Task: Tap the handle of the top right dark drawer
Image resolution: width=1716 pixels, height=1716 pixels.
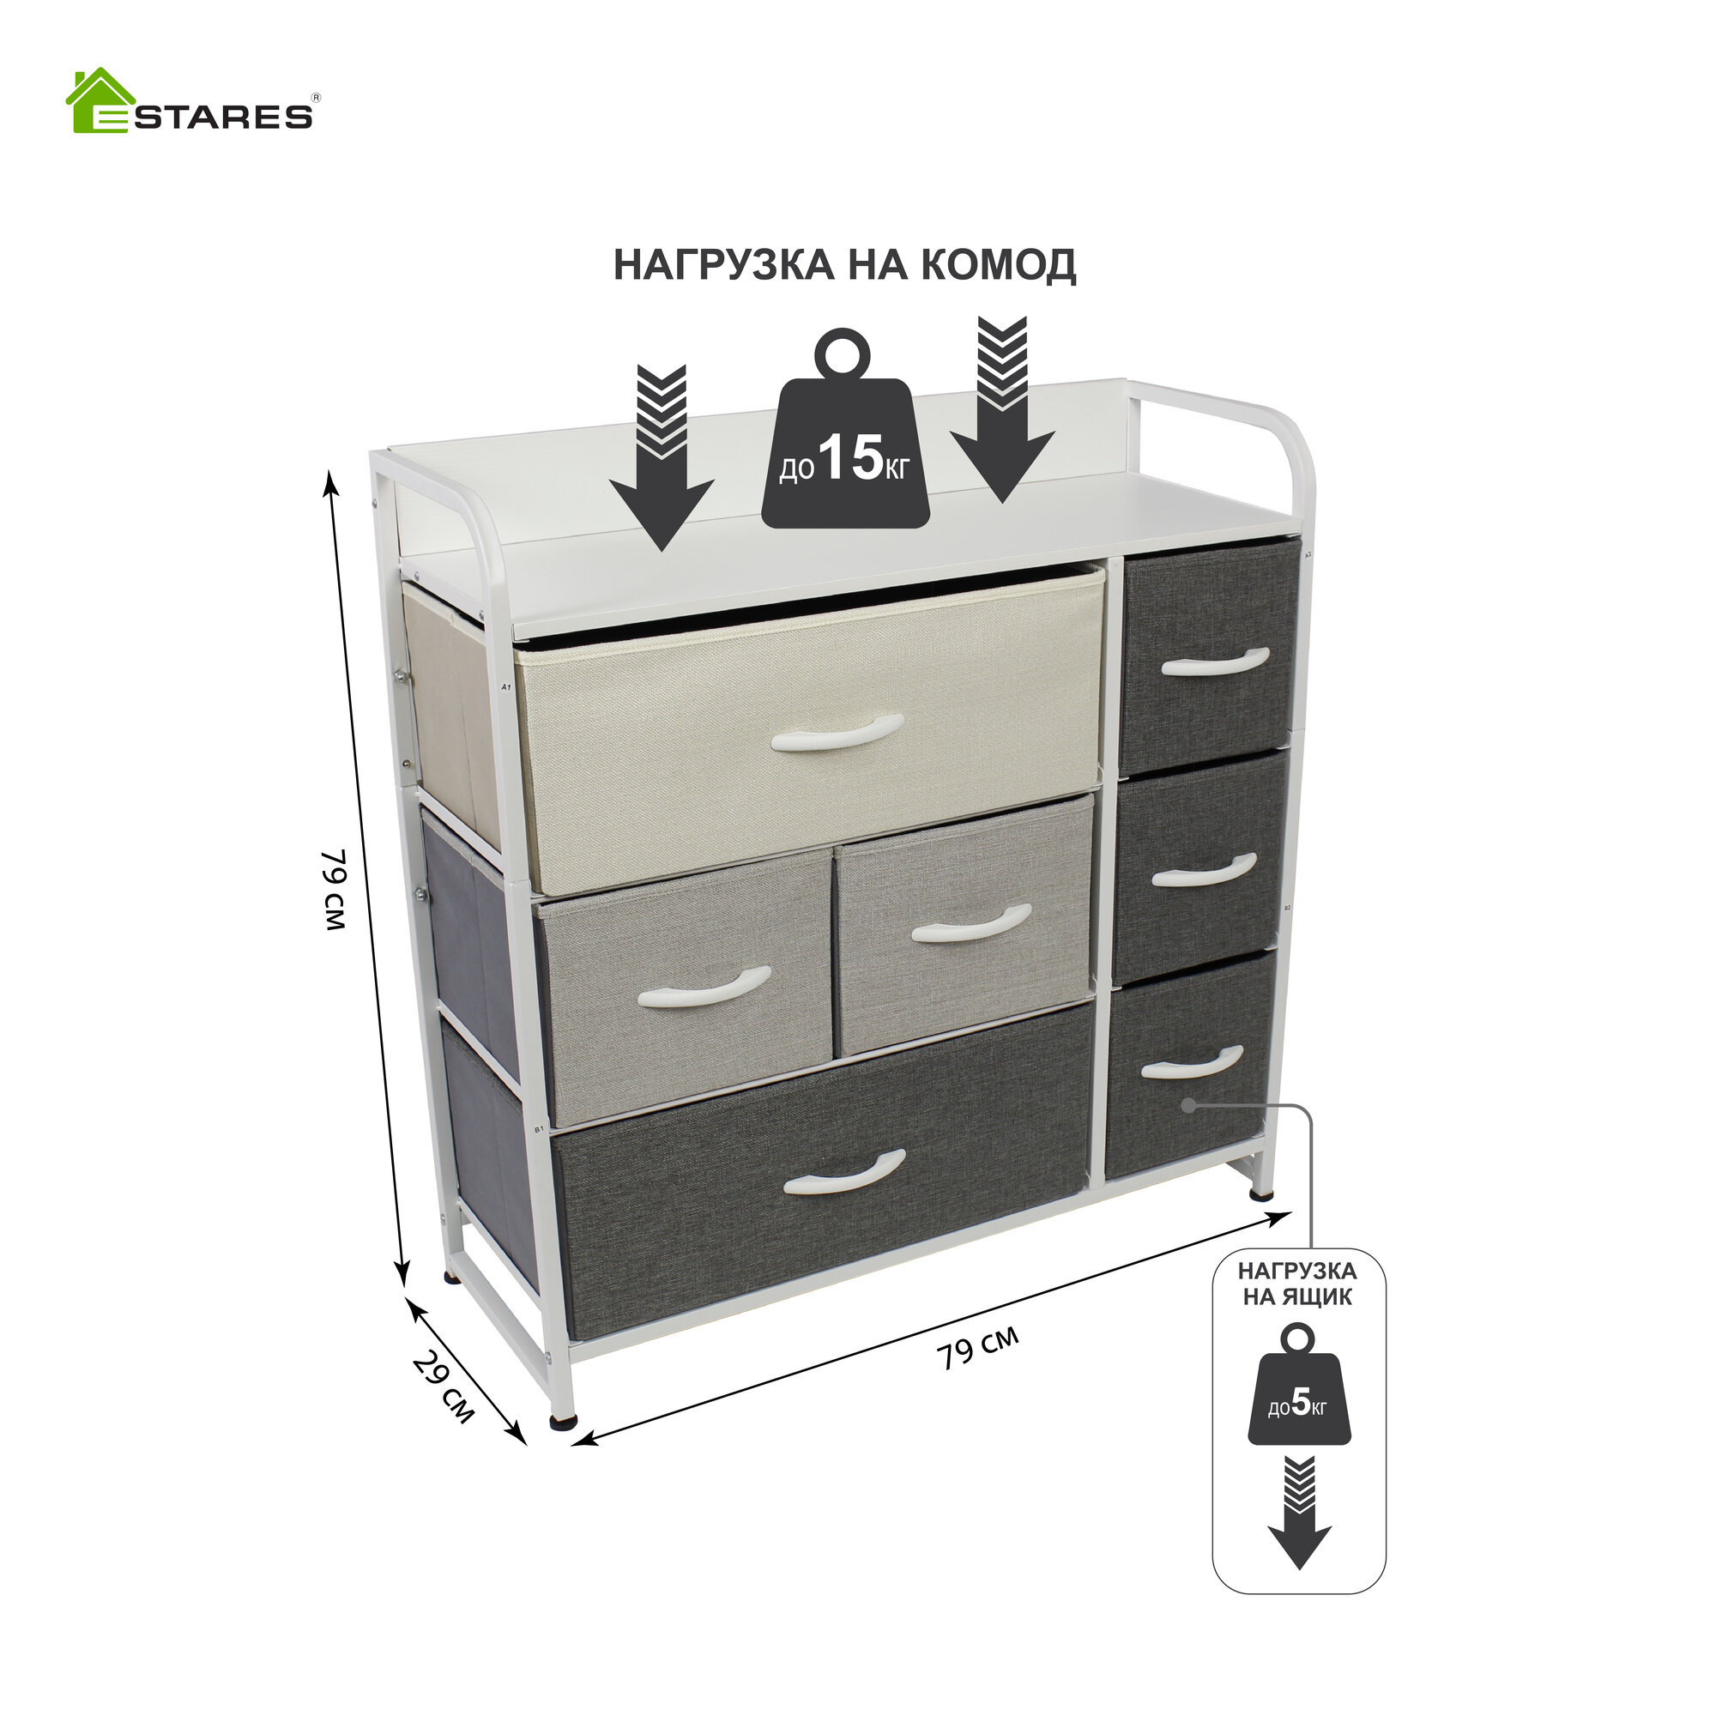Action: [1214, 662]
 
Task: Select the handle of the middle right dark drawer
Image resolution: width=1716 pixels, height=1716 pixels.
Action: [1204, 870]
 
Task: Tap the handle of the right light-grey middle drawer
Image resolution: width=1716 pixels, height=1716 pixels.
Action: [970, 924]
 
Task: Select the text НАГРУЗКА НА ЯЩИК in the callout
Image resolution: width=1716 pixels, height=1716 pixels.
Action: [1297, 1284]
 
